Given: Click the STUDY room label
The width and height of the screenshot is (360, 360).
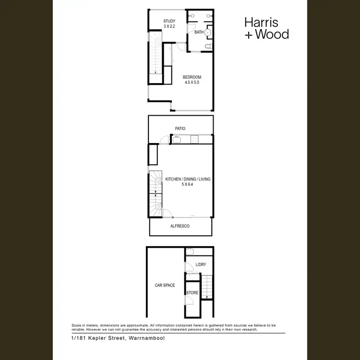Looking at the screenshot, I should tap(169, 21).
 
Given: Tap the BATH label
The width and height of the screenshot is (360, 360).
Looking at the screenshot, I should tap(199, 32).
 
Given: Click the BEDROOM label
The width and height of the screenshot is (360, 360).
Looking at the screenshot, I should tap(192, 77).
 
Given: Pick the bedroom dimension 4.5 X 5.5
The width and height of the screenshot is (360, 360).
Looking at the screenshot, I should tap(192, 83).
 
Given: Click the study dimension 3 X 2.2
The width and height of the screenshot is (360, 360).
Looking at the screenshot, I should tap(169, 26).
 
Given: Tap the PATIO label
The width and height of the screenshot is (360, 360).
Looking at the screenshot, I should tap(180, 129).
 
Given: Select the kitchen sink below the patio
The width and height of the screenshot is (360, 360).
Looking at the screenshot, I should tap(176, 140).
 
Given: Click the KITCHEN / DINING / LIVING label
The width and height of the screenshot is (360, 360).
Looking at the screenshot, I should tap(188, 179).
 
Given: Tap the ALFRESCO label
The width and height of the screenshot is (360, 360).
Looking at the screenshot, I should tap(180, 226).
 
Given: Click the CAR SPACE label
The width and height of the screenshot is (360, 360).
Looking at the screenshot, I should tap(165, 285).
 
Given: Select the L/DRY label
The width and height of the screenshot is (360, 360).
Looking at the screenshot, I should tap(200, 265).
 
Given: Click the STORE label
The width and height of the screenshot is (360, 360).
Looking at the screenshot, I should tap(192, 293).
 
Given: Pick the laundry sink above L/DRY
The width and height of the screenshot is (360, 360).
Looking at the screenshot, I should tap(190, 251).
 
